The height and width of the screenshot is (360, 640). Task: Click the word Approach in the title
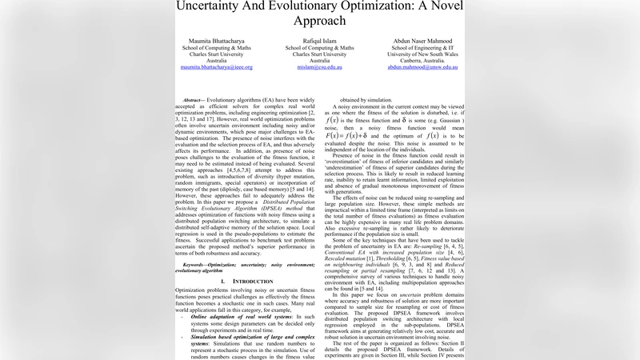point(319,21)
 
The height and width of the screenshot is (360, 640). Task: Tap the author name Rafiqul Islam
point(319,40)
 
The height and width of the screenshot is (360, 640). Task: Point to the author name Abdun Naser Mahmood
point(422,40)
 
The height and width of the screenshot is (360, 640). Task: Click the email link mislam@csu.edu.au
point(319,68)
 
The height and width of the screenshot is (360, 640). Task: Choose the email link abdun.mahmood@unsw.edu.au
point(422,68)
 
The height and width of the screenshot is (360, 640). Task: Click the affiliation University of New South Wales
point(422,54)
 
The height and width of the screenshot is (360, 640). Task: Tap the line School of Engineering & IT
point(422,47)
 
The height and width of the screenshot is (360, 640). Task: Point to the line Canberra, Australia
point(422,61)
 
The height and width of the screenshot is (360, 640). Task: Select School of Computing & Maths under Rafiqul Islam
point(319,47)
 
